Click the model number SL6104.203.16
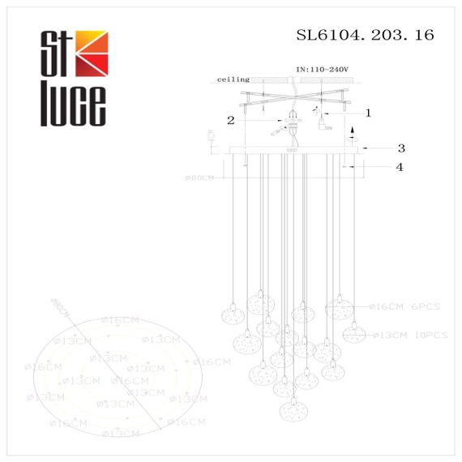point(366,35)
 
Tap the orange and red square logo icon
point(90,51)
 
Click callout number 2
point(231,121)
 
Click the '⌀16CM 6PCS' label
point(404,306)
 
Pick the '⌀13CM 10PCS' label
point(409,332)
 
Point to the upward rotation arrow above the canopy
point(351,133)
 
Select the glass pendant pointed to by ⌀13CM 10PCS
point(353,332)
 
